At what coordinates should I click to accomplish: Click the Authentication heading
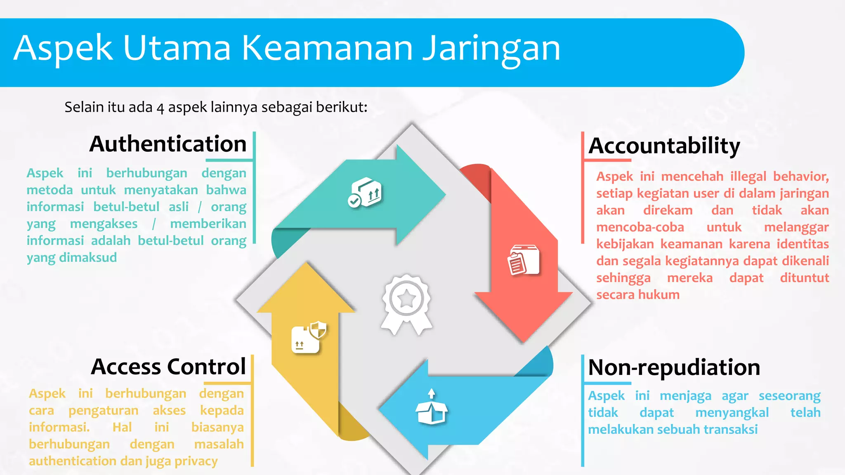168,144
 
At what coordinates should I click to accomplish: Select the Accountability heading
664,146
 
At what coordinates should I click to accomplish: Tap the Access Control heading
168,367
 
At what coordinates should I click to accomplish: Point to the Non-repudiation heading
674,367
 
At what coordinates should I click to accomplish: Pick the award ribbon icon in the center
406,303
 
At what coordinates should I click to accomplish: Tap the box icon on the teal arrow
365,192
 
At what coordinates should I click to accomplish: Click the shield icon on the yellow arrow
318,330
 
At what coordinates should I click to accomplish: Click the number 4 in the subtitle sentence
160,108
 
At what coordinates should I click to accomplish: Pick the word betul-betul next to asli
126,207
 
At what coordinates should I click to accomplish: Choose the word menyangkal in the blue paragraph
732,413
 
